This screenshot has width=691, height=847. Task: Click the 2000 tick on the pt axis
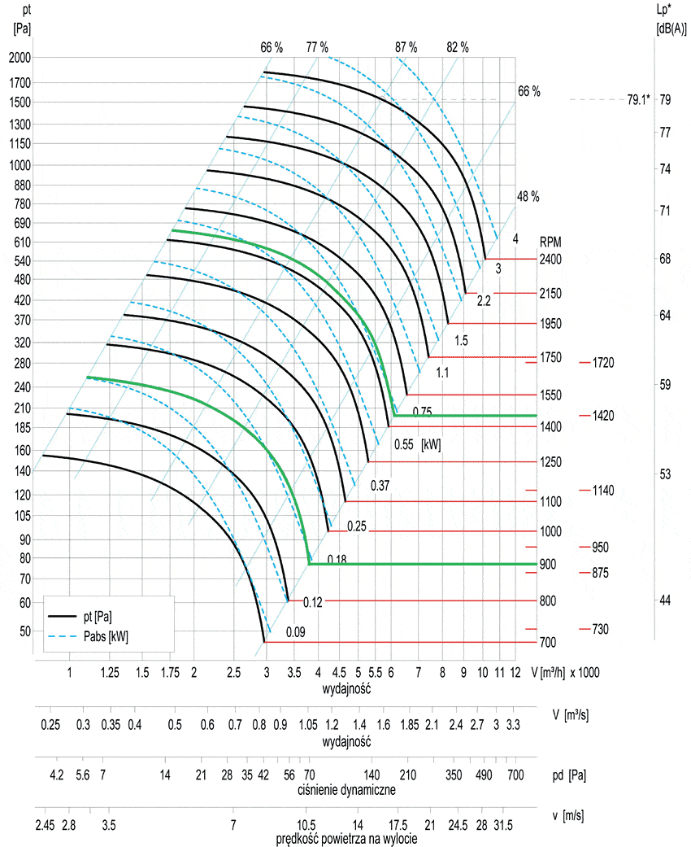click(20, 58)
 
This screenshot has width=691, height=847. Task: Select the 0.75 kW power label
click(422, 411)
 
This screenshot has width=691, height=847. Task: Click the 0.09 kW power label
click(295, 632)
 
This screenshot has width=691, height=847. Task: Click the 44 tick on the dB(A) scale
click(665, 600)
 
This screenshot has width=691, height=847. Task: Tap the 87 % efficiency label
click(406, 47)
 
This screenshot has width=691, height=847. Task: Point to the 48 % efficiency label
click(528, 197)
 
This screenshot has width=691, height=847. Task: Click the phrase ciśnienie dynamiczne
click(346, 789)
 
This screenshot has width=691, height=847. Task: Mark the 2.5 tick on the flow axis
click(233, 673)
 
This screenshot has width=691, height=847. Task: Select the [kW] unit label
click(431, 444)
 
